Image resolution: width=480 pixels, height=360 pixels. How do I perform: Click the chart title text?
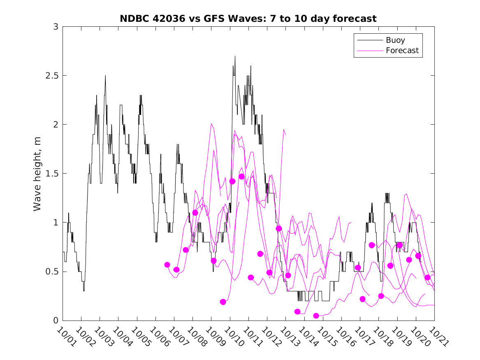[248, 19]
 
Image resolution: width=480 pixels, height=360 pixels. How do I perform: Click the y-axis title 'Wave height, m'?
[37, 174]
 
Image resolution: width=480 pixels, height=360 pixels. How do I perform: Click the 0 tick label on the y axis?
[55, 321]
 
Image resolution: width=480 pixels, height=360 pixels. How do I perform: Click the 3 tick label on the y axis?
[55, 27]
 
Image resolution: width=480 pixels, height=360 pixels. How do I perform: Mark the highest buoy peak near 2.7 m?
[235, 56]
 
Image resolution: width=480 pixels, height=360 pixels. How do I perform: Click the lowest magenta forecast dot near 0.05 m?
[316, 316]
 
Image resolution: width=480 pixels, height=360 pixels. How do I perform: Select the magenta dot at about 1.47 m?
[241, 177]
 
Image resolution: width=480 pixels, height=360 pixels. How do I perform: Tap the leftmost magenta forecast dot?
[167, 265]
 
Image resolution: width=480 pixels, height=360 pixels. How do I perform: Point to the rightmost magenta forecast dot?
[427, 277]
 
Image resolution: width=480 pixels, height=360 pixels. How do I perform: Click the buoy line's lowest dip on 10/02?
[84, 291]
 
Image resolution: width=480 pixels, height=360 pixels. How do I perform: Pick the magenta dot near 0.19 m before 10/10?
[223, 302]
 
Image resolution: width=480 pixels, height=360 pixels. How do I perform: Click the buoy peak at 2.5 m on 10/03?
[105, 76]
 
